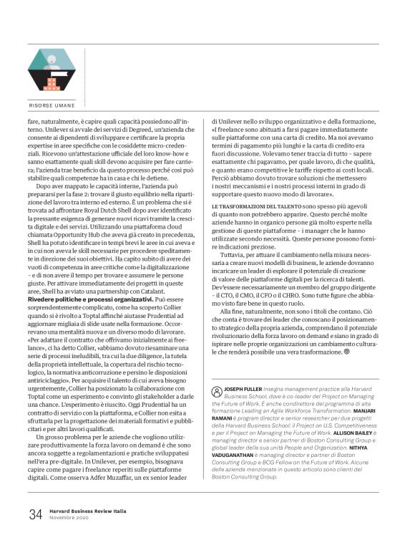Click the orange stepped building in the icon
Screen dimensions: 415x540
[52, 84]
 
